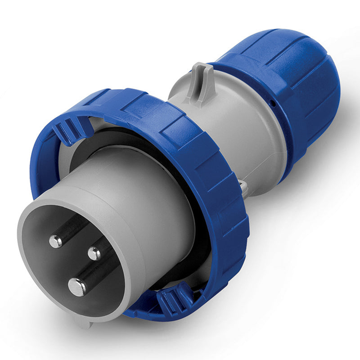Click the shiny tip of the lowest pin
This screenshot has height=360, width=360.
point(77,287)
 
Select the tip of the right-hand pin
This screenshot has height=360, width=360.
point(94,253)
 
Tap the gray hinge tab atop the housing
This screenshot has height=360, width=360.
point(201,81)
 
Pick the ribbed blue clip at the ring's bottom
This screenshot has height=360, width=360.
point(173,299)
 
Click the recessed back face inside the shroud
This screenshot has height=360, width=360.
point(49,270)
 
